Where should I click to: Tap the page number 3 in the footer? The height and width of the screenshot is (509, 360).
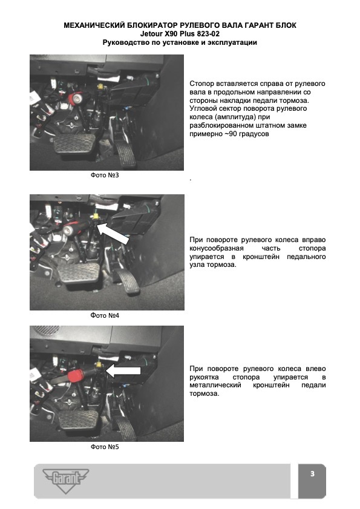click(x=312, y=474)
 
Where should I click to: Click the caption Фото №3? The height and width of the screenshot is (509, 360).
click(x=105, y=176)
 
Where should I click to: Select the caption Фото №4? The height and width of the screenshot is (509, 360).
click(x=105, y=315)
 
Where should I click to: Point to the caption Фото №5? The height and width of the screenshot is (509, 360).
click(x=105, y=447)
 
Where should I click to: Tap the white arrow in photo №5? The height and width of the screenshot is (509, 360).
click(x=123, y=370)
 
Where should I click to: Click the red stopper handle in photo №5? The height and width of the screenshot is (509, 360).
click(x=76, y=376)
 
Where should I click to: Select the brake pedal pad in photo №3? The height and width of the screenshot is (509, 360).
click(x=74, y=143)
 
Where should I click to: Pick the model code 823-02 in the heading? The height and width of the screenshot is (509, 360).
click(x=208, y=34)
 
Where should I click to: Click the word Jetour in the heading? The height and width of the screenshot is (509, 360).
click(x=151, y=34)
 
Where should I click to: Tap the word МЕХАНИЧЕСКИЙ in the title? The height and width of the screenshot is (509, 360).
click(x=94, y=25)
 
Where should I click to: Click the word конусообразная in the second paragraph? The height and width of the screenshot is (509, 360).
click(x=217, y=248)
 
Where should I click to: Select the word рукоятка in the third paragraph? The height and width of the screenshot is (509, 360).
click(x=204, y=377)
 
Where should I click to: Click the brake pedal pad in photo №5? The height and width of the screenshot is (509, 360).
click(x=78, y=419)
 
